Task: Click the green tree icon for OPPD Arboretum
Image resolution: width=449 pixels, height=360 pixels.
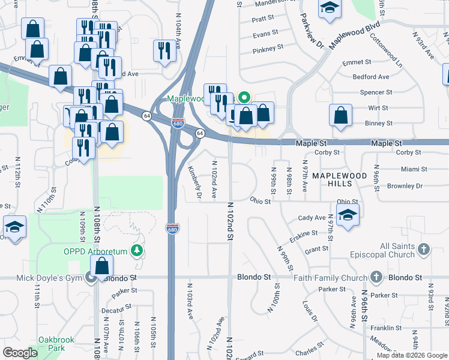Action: click(x=138, y=250)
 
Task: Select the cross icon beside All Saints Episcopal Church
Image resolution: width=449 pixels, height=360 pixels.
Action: click(x=424, y=249)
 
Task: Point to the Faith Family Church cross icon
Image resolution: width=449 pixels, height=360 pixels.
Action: click(x=376, y=277)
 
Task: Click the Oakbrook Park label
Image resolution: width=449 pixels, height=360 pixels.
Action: click(x=56, y=344)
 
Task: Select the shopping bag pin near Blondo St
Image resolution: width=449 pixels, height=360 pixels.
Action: click(x=102, y=266)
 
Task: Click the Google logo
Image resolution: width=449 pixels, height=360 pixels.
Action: click(x=20, y=353)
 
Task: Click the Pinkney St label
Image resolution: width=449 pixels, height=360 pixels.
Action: click(x=268, y=49)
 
